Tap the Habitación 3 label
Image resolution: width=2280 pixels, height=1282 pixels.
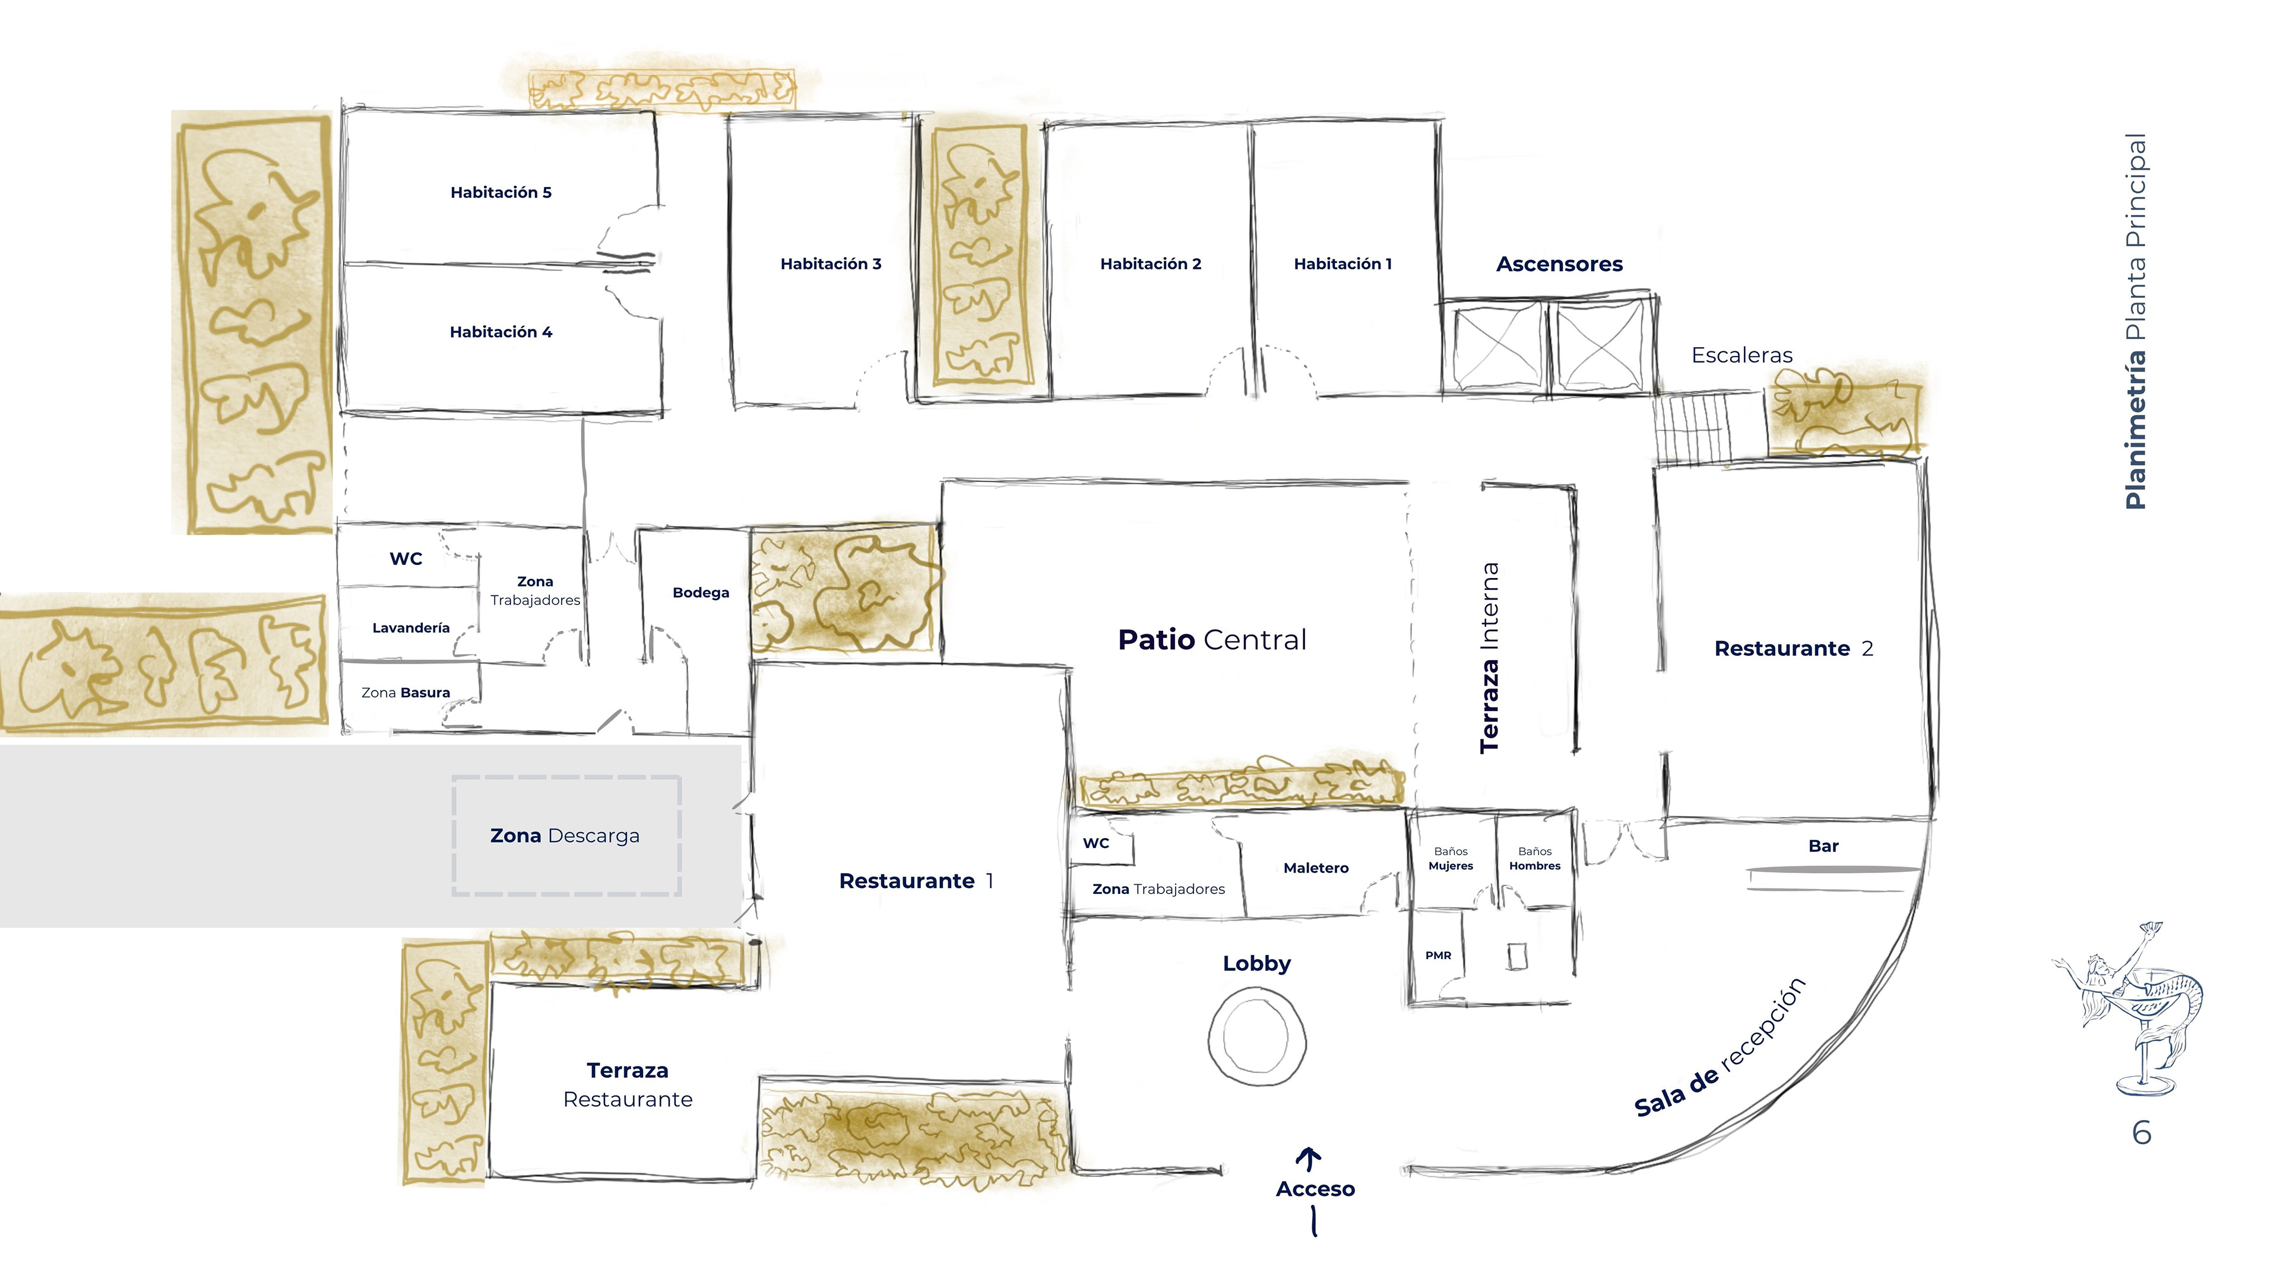[x=830, y=264]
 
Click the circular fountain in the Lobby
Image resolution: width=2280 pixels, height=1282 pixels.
[x=1257, y=1037]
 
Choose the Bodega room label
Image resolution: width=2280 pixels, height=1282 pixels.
[x=700, y=593]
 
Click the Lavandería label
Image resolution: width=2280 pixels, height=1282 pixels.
[x=411, y=628]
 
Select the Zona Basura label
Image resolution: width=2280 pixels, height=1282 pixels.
[x=406, y=693]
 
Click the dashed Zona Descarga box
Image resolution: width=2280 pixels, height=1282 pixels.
[x=566, y=835]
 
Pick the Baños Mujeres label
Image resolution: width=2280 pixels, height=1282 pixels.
[x=1451, y=858]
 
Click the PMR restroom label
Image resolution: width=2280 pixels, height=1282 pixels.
[x=1438, y=956]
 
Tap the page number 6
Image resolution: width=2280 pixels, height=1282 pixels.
[x=2141, y=1132]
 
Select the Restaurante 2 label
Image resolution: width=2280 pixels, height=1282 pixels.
[x=1793, y=649]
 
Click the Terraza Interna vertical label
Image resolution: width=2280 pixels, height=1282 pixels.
[x=1490, y=658]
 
